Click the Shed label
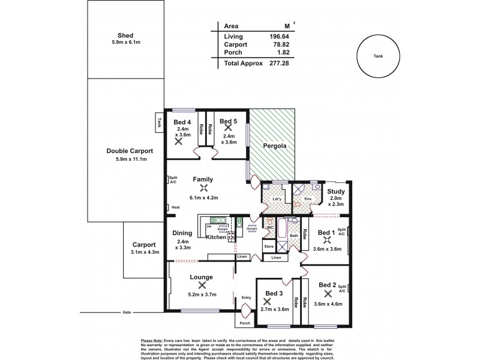click(x=125, y=35)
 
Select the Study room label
click(x=336, y=191)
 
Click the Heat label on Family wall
click(x=175, y=208)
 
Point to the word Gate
click(x=127, y=313)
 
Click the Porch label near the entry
click(x=245, y=323)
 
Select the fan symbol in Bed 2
click(x=327, y=293)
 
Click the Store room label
click(x=269, y=247)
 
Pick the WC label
click(x=271, y=227)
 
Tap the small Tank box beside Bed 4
click(x=160, y=122)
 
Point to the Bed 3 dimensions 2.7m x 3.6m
click(x=273, y=309)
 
